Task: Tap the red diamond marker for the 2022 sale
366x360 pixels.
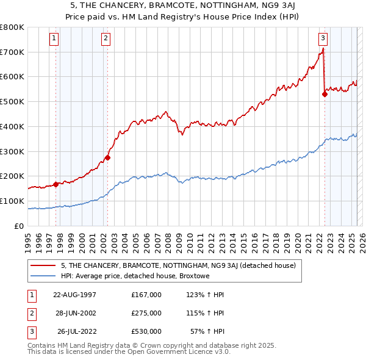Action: click(x=325, y=94)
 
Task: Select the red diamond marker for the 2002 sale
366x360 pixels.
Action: click(x=107, y=157)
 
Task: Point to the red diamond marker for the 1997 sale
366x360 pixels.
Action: click(x=56, y=184)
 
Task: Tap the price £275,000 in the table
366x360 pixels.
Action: click(x=146, y=313)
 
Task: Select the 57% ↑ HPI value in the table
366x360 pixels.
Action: click(x=207, y=331)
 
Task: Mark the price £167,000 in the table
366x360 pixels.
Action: click(x=146, y=295)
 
